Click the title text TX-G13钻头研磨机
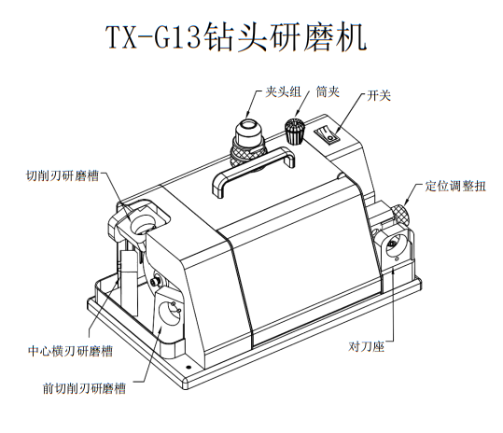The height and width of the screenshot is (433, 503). point(236,37)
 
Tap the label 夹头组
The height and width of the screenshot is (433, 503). point(284,92)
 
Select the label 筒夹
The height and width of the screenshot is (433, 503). point(328,92)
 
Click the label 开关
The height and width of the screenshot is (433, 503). point(379,95)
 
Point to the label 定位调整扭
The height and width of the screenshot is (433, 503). point(455,186)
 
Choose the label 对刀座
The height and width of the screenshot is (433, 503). point(367,346)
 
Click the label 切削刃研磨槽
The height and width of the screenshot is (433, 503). point(63,175)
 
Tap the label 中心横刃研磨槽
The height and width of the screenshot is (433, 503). point(70,351)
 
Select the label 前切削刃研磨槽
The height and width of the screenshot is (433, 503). point(84,388)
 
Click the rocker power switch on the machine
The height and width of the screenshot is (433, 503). point(327,133)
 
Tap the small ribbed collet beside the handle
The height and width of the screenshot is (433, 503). point(294,132)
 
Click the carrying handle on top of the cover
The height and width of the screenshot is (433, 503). point(254,172)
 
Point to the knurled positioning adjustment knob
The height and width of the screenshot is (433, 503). point(399,214)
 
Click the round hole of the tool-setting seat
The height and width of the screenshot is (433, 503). point(394,244)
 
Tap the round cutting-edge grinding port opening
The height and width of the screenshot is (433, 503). point(143,223)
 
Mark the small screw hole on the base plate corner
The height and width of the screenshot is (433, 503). point(189,368)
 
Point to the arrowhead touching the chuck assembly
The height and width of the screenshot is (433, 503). point(247,114)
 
